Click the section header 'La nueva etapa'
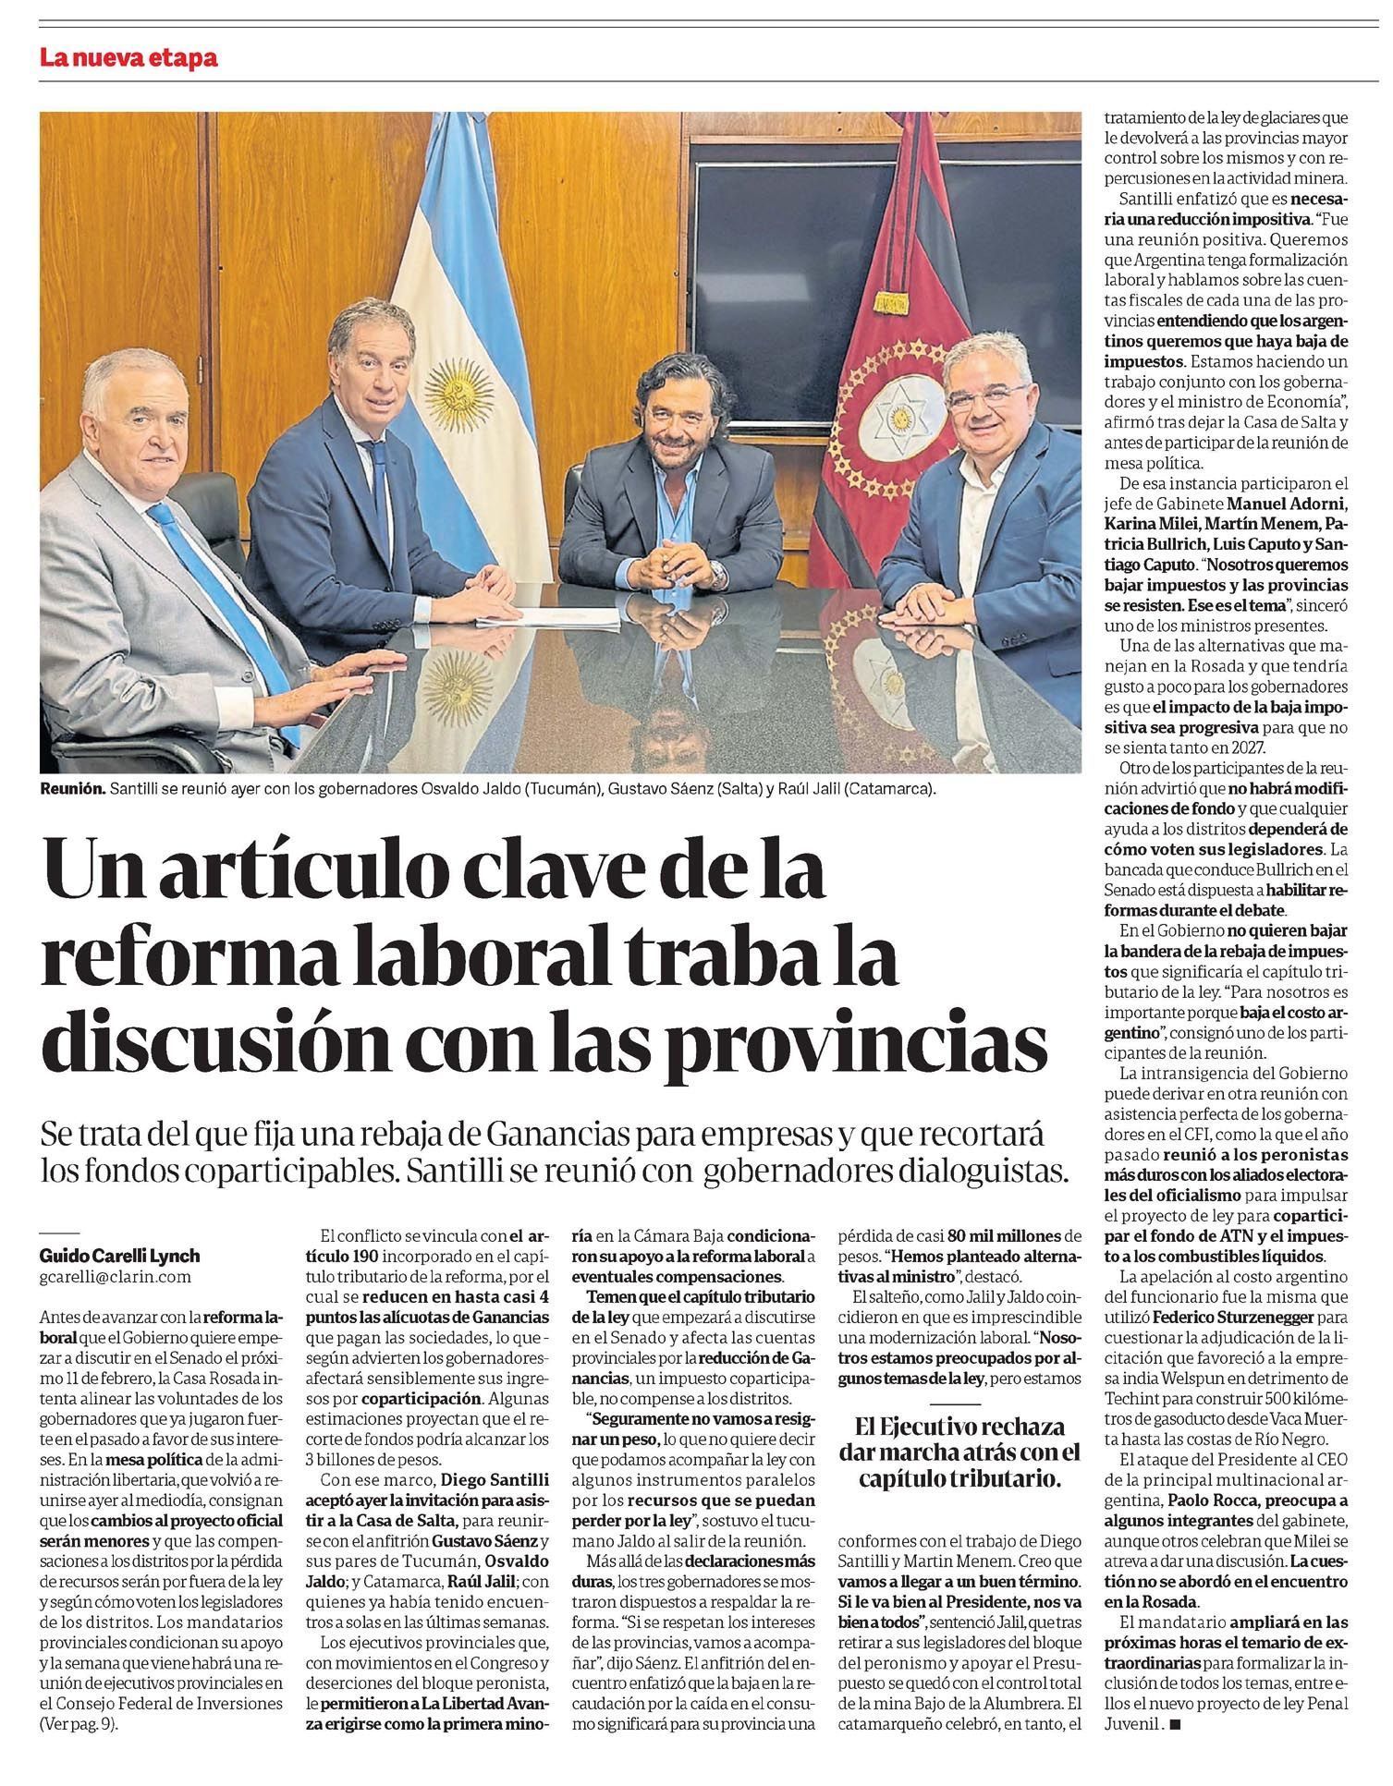point(128,58)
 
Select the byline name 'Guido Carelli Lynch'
point(120,1256)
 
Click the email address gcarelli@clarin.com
point(116,1276)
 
